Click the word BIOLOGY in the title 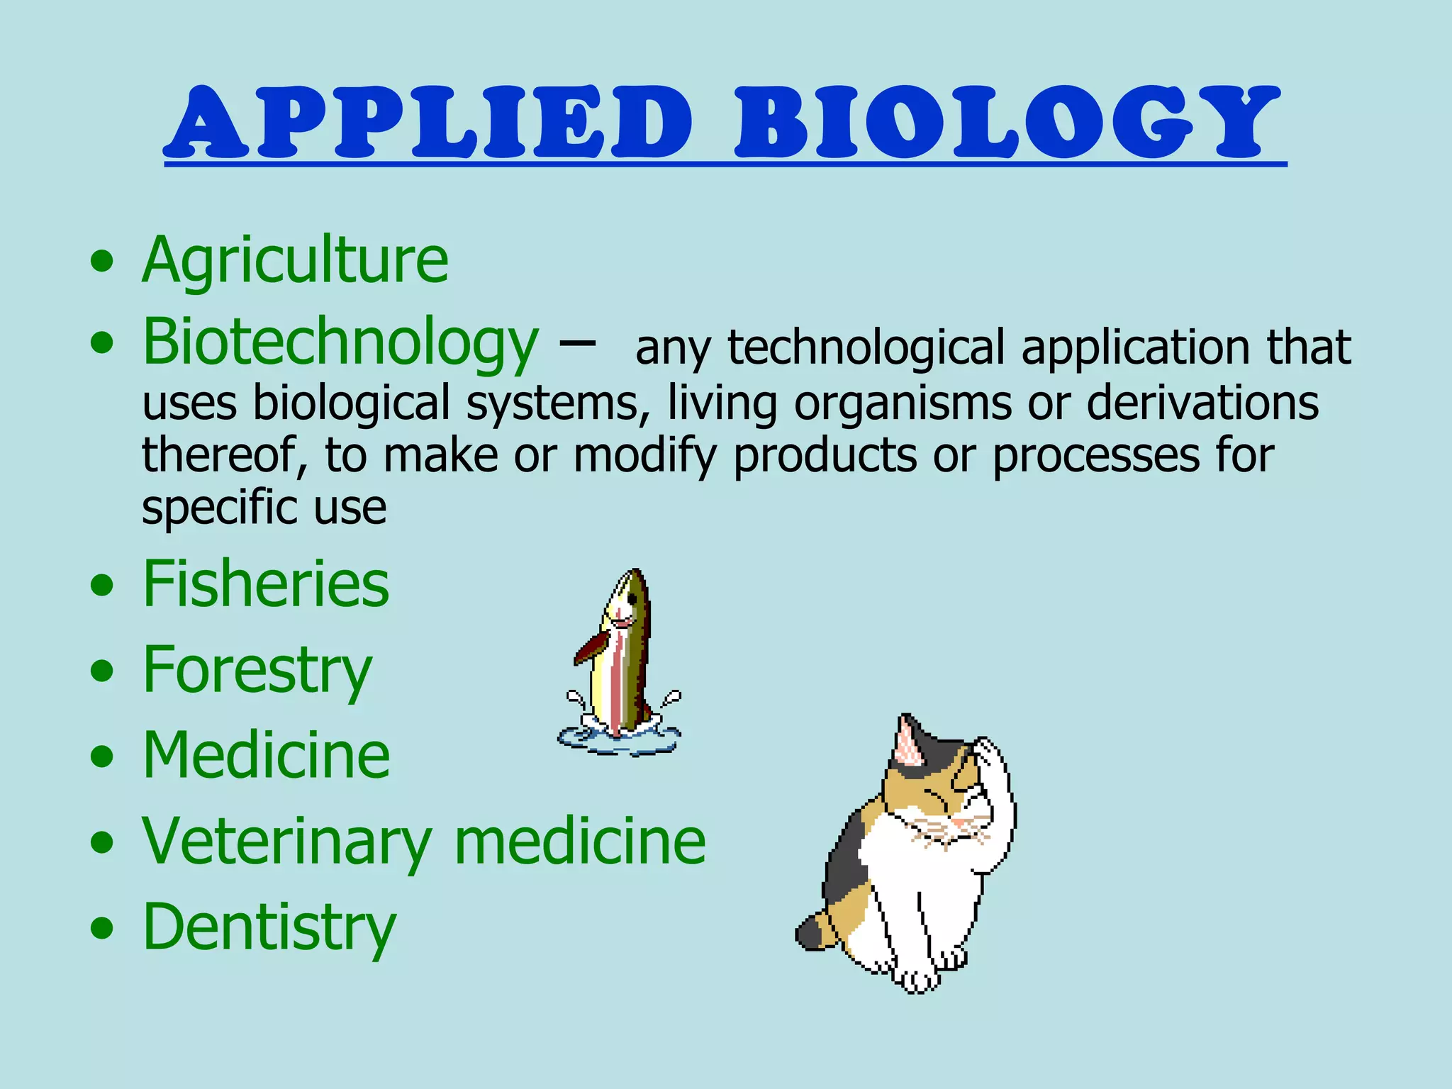(1007, 122)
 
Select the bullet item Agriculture (295, 260)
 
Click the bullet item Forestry (257, 670)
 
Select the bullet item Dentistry (269, 927)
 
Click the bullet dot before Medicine (102, 756)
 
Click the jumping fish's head (627, 599)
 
